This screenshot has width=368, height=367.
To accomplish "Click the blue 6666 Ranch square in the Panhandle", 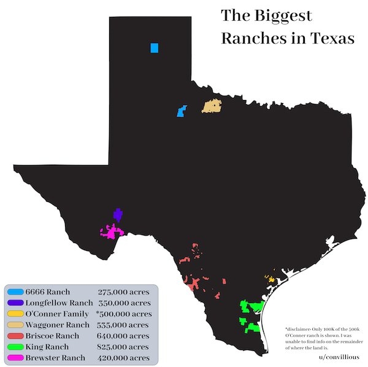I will coord(154,48).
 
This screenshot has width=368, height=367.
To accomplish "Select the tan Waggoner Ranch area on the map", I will coord(212,106).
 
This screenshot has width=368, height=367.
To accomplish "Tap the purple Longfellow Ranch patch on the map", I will coord(117,215).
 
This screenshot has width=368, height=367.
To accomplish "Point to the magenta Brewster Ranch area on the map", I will coord(110,233).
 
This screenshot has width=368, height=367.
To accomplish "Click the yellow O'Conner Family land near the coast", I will coord(269,279).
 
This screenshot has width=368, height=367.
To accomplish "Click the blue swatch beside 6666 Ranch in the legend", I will coord(16,292).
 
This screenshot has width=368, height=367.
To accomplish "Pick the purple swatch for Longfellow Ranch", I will coord(16,303).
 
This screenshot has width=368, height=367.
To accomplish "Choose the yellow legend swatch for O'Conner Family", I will coord(16,314).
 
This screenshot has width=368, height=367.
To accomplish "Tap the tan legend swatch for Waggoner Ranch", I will coord(16,325).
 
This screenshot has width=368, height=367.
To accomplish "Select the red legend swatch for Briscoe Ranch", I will coord(16,336).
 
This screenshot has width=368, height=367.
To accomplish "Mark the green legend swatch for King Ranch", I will coord(16,347).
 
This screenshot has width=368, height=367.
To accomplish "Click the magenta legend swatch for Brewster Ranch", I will coord(16,358).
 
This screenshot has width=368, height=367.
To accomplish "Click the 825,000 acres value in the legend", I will coord(123,347).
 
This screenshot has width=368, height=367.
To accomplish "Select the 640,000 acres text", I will coord(123,336).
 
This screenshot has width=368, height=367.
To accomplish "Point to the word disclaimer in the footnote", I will coord(300,329).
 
